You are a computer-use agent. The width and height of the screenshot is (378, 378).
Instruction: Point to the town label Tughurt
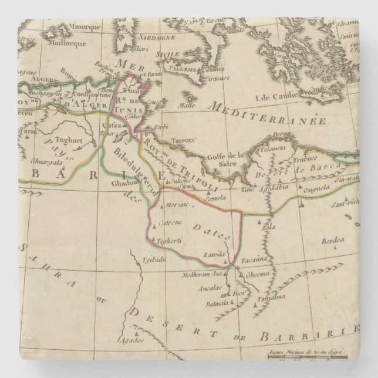pyautogui.click(x=58, y=142)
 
